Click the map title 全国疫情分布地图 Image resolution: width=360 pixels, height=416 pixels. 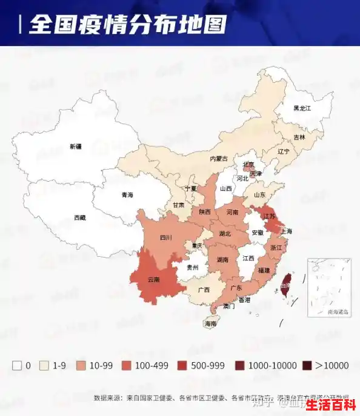[x=127, y=24]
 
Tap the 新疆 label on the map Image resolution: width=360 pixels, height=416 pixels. [x=75, y=147]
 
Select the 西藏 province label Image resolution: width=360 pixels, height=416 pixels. [x=80, y=217]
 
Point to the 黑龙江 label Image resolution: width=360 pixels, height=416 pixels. [x=302, y=108]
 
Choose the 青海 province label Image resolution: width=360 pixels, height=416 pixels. [x=127, y=195]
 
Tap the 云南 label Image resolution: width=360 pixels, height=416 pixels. [x=153, y=280]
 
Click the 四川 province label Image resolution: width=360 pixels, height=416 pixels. [x=165, y=238]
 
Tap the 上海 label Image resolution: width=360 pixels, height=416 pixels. [x=287, y=231]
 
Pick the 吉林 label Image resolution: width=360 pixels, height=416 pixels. [x=299, y=137]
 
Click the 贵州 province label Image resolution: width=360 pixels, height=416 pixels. [x=193, y=266]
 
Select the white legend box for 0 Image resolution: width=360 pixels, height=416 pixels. [x=17, y=366]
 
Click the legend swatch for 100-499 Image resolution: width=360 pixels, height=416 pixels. [x=127, y=366]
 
